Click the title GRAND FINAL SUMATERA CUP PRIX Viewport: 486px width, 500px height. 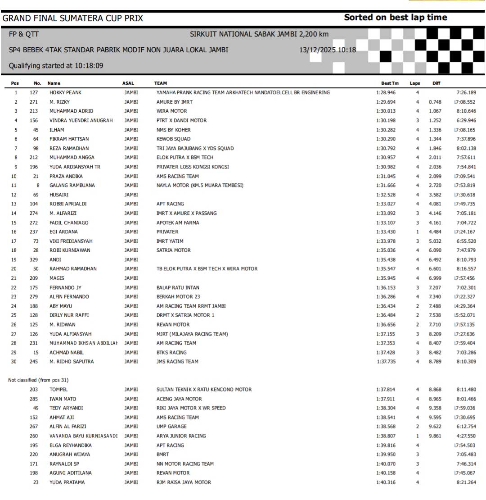[x=73, y=18]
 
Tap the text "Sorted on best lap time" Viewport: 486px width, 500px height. [x=396, y=18]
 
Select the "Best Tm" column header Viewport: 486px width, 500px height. [x=390, y=83]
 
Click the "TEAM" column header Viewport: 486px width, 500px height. [x=160, y=83]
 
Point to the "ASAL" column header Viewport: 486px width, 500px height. [x=128, y=83]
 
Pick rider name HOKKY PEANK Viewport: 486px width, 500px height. [x=65, y=93]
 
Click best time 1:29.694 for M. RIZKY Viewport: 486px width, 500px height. [x=386, y=102]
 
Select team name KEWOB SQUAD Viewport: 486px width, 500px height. [x=173, y=139]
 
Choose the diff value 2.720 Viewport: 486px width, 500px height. [x=435, y=186]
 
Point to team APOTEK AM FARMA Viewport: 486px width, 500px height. [x=178, y=223]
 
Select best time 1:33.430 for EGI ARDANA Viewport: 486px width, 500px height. [x=386, y=232]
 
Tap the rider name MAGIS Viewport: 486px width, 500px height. [x=57, y=278]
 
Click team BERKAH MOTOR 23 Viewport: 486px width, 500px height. [x=178, y=297]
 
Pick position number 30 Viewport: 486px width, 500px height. [x=15, y=362]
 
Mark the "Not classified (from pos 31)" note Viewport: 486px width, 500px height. [x=38, y=380]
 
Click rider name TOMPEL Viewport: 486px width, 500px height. [x=58, y=390]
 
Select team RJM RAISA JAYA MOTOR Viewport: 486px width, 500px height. [x=184, y=482]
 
